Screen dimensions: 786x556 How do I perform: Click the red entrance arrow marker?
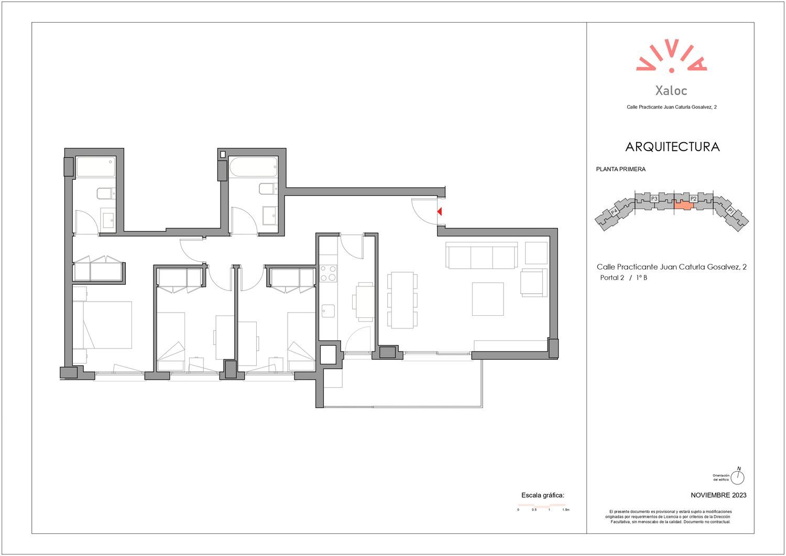tap(439, 211)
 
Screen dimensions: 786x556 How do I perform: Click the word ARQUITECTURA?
tap(672, 147)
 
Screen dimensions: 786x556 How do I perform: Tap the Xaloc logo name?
tap(671, 91)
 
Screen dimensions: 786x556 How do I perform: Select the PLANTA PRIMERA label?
tap(621, 169)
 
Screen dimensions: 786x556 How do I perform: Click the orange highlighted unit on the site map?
tap(683, 205)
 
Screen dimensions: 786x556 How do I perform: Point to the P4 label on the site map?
tap(614, 212)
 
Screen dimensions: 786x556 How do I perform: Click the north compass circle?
tap(737, 477)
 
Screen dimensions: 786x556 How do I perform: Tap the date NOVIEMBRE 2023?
tap(718, 495)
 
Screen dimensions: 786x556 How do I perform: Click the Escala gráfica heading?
tap(542, 496)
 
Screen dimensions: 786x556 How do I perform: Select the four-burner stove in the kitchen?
tap(329, 274)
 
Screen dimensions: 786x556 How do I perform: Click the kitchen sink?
tap(328, 311)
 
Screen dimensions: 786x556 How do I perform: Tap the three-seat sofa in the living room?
tap(482, 255)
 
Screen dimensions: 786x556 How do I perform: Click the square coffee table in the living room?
tap(488, 299)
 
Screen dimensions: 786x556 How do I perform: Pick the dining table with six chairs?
tap(402, 301)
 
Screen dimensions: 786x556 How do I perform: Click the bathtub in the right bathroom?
tap(253, 167)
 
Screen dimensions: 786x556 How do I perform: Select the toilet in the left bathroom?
tap(106, 194)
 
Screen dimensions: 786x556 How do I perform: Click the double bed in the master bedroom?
tap(102, 325)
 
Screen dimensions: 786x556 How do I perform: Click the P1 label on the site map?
tap(730, 211)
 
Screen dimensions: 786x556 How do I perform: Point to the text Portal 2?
tap(612, 278)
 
